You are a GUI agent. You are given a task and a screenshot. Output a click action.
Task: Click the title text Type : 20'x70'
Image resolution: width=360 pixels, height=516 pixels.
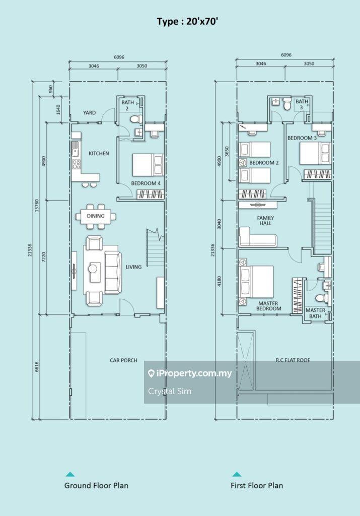(x=188, y=22)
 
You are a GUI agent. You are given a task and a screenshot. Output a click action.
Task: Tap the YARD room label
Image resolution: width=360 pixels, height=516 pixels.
(x=90, y=112)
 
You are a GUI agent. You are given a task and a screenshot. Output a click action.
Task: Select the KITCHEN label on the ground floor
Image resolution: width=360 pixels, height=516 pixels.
(x=99, y=153)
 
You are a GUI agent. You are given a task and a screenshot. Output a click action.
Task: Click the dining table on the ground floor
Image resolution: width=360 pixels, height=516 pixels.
(x=96, y=216)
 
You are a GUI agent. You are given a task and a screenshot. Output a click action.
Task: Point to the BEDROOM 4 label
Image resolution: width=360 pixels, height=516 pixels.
(x=146, y=183)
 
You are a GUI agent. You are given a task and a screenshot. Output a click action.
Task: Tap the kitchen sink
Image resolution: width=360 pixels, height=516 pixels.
(x=76, y=151)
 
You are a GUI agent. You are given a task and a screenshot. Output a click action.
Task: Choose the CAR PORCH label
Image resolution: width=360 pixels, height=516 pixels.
(x=124, y=360)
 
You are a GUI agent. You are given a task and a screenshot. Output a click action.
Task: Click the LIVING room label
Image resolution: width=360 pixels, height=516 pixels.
(x=133, y=267)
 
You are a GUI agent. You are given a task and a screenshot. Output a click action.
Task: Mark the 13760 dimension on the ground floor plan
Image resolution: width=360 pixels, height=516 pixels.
(x=37, y=206)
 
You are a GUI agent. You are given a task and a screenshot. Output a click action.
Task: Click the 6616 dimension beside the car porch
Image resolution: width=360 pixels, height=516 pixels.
(x=37, y=367)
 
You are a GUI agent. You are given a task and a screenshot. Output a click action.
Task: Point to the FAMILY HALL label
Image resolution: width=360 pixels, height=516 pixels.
(x=265, y=221)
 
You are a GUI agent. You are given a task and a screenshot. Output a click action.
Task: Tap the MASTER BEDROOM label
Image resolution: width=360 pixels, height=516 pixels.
(x=268, y=306)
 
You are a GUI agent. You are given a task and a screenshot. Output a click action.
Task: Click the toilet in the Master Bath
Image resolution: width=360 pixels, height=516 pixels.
(x=320, y=298)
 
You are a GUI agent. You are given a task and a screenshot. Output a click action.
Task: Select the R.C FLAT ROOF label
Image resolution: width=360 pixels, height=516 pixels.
(x=293, y=360)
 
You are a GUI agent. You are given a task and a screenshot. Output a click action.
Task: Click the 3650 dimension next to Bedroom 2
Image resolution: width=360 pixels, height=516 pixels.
(x=227, y=151)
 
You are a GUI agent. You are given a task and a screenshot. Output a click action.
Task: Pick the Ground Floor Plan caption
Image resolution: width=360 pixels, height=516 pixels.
(x=96, y=485)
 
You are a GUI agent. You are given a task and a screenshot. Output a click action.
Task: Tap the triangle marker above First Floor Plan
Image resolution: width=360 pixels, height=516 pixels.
(x=237, y=475)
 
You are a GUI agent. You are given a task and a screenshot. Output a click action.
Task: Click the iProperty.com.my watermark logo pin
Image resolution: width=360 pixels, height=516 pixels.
(x=151, y=373)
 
